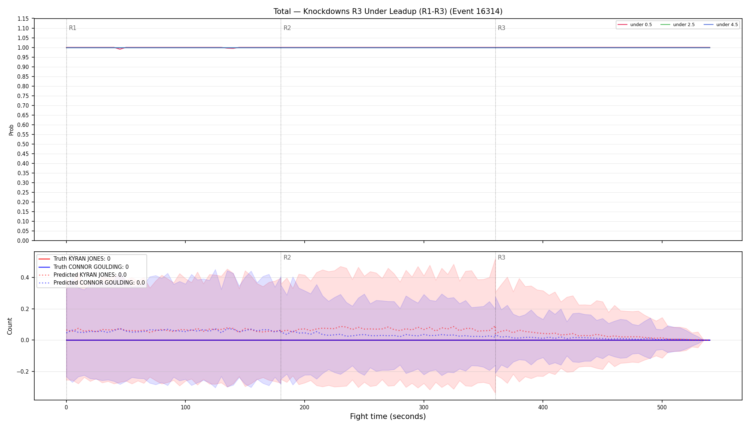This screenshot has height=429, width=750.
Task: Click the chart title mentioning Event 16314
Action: (388, 11)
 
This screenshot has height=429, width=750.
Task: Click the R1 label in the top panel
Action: (72, 28)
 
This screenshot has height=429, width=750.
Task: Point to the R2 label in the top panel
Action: (287, 28)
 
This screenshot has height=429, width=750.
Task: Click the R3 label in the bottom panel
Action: (501, 257)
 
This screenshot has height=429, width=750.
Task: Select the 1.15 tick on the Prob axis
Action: (23, 19)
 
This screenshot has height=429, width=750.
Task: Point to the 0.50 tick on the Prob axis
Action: (23, 144)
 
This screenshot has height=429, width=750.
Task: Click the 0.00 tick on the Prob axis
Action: (23, 241)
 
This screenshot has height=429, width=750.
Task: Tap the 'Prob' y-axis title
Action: (11, 130)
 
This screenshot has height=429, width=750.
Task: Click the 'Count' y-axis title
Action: (10, 326)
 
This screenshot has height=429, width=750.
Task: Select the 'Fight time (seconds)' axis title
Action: (388, 416)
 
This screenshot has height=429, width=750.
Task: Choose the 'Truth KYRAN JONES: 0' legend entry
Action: (82, 259)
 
